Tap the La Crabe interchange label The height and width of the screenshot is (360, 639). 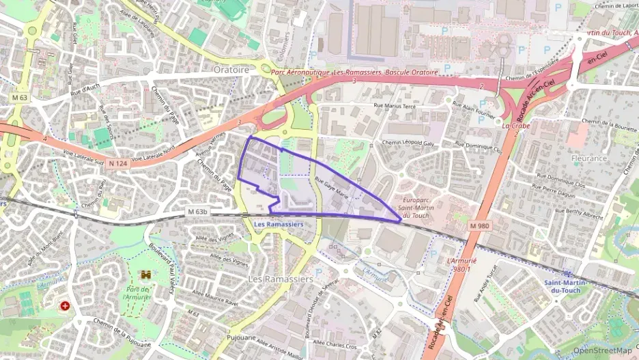click(515, 126)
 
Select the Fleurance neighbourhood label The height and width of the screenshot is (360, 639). click(588, 158)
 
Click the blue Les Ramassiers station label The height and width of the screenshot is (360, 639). click(279, 224)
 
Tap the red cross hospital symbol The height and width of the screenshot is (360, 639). click(65, 307)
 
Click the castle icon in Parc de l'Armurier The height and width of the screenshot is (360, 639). click(145, 275)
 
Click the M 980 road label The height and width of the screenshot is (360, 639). click(479, 225)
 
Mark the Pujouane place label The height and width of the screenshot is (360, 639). click(240, 337)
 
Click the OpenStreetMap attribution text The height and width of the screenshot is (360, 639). click(602, 350)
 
